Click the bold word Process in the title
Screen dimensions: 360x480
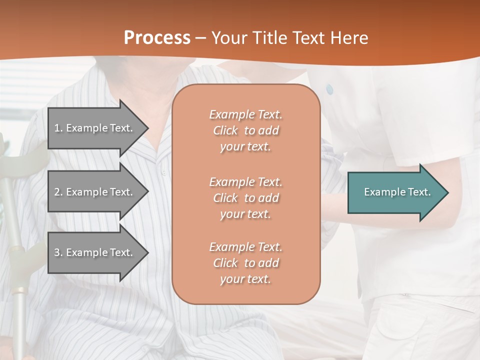pyautogui.click(x=157, y=38)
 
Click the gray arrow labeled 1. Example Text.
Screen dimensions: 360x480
pyautogui.click(x=95, y=128)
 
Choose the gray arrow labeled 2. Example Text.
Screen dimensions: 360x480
pyautogui.click(x=95, y=192)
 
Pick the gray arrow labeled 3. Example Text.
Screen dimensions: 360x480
pyautogui.click(x=95, y=252)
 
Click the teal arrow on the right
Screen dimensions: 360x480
pyautogui.click(x=395, y=192)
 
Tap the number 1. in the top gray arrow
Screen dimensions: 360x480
pyautogui.click(x=58, y=128)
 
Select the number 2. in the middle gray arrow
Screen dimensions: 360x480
pyautogui.click(x=58, y=192)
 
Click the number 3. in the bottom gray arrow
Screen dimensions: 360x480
pyautogui.click(x=58, y=252)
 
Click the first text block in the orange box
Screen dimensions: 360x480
pyautogui.click(x=245, y=130)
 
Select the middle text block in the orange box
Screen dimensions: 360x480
pyautogui.click(x=245, y=198)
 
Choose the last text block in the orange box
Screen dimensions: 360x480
pyautogui.click(x=245, y=263)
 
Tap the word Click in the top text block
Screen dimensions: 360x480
pyautogui.click(x=225, y=130)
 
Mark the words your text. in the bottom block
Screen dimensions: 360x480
pyautogui.click(x=245, y=279)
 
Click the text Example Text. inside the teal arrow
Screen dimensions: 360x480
pyautogui.click(x=397, y=192)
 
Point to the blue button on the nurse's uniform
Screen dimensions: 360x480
pyautogui.click(x=329, y=89)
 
